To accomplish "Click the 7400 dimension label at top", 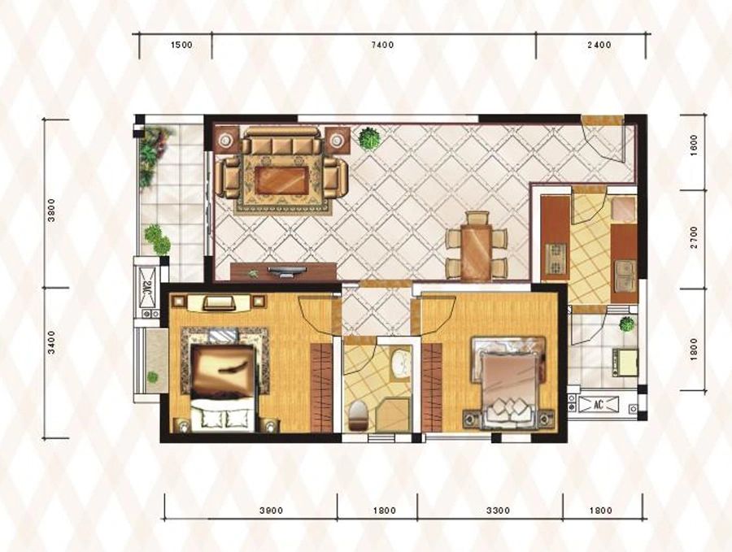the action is [382, 45].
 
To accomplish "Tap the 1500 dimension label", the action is [181, 45].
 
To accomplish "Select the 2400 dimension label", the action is [599, 45].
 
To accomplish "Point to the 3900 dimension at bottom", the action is [271, 511].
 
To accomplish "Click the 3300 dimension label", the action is [498, 511].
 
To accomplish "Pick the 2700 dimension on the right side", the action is [694, 237].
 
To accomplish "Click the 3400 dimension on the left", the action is [51, 341].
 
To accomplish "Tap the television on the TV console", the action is [286, 271].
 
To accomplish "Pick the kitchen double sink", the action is [625, 276].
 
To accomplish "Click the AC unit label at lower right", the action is [599, 404].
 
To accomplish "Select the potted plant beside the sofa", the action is [369, 138].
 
